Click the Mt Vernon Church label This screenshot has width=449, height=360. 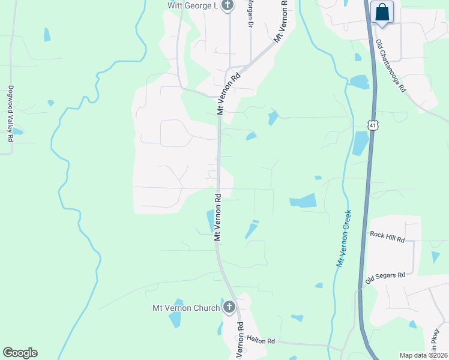(186, 308)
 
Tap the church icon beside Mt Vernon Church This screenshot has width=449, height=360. (229, 308)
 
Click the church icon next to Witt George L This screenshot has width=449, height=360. (228, 6)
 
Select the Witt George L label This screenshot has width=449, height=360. (191, 6)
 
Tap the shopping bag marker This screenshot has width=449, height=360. (381, 12)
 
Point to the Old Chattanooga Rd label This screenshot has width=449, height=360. (391, 66)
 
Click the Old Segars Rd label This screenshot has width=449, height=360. (385, 277)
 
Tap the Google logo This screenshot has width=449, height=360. (20, 353)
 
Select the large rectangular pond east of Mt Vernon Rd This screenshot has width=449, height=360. (303, 201)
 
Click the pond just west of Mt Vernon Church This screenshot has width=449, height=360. (175, 314)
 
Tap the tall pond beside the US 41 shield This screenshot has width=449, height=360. (361, 143)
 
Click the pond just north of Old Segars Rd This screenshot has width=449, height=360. (435, 257)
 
